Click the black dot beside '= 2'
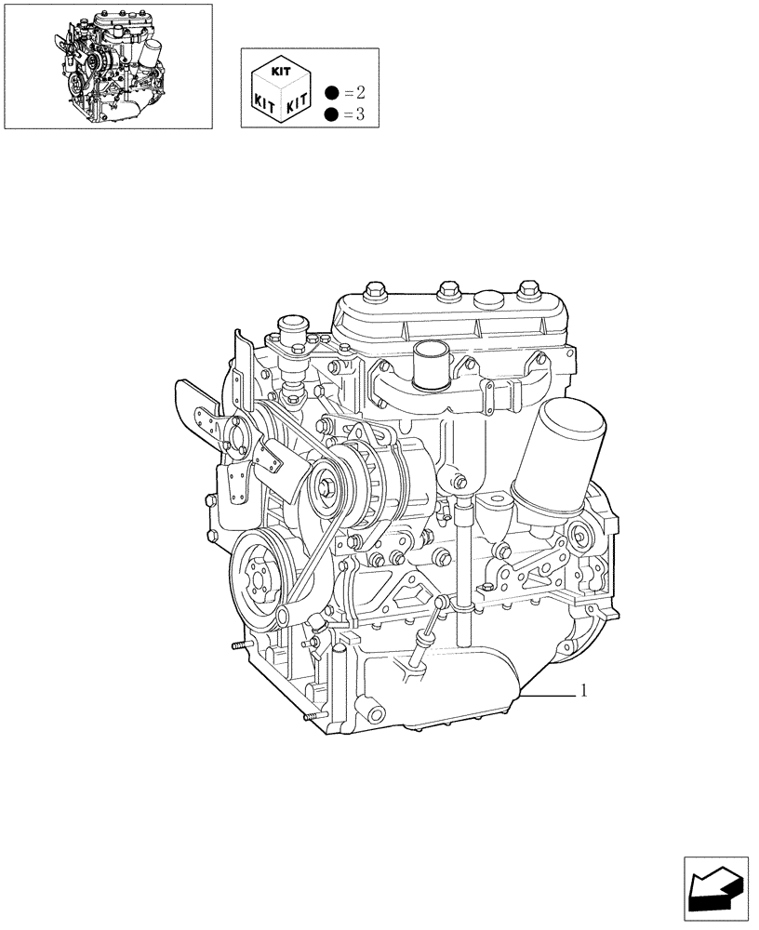(x=330, y=92)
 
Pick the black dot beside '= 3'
(x=330, y=113)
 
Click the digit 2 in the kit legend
(x=361, y=92)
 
